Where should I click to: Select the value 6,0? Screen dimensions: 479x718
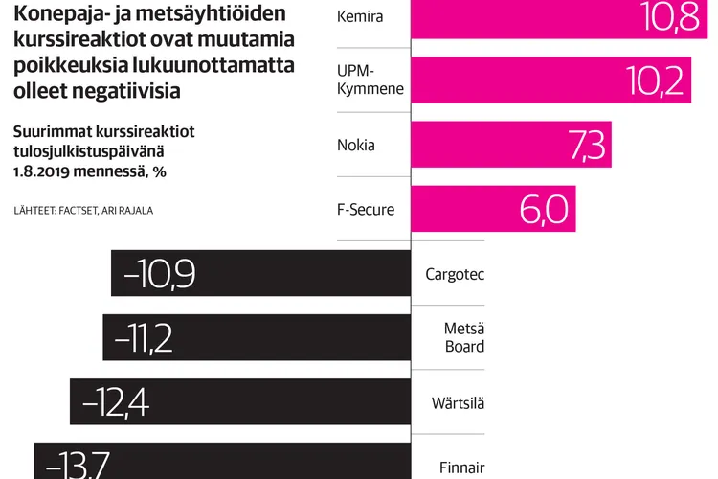click(544, 210)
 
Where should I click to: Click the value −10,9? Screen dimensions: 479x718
click(160, 275)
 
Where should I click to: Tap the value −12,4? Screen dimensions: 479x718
click(116, 402)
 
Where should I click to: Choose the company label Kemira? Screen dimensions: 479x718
click(360, 17)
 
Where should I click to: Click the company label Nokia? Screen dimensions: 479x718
click(356, 146)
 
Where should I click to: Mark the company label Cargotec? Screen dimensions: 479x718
click(455, 275)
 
